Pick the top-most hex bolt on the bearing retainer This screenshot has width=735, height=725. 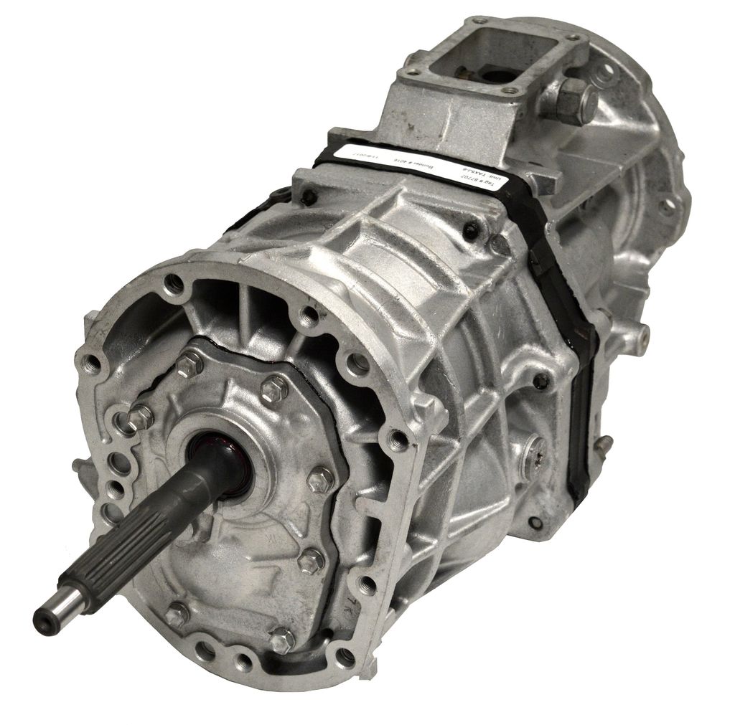click(x=189, y=364)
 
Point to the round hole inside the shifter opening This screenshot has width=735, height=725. click(x=492, y=74)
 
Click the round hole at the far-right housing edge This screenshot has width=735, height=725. click(x=668, y=207)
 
